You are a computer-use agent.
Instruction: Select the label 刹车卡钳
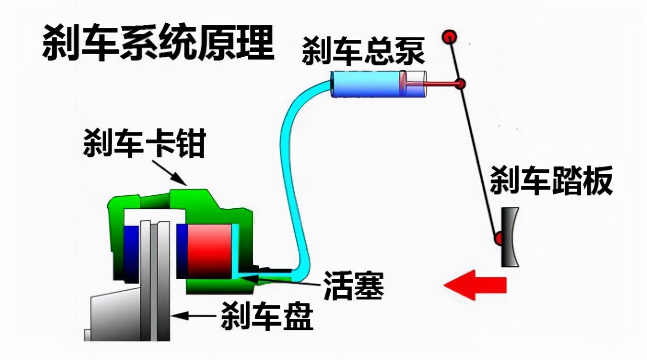point(144,143)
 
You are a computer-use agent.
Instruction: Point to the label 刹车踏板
point(551,181)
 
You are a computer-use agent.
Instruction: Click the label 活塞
point(353,286)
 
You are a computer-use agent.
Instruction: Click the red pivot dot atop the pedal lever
point(449,37)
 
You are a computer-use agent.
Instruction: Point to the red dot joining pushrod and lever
point(459,84)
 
